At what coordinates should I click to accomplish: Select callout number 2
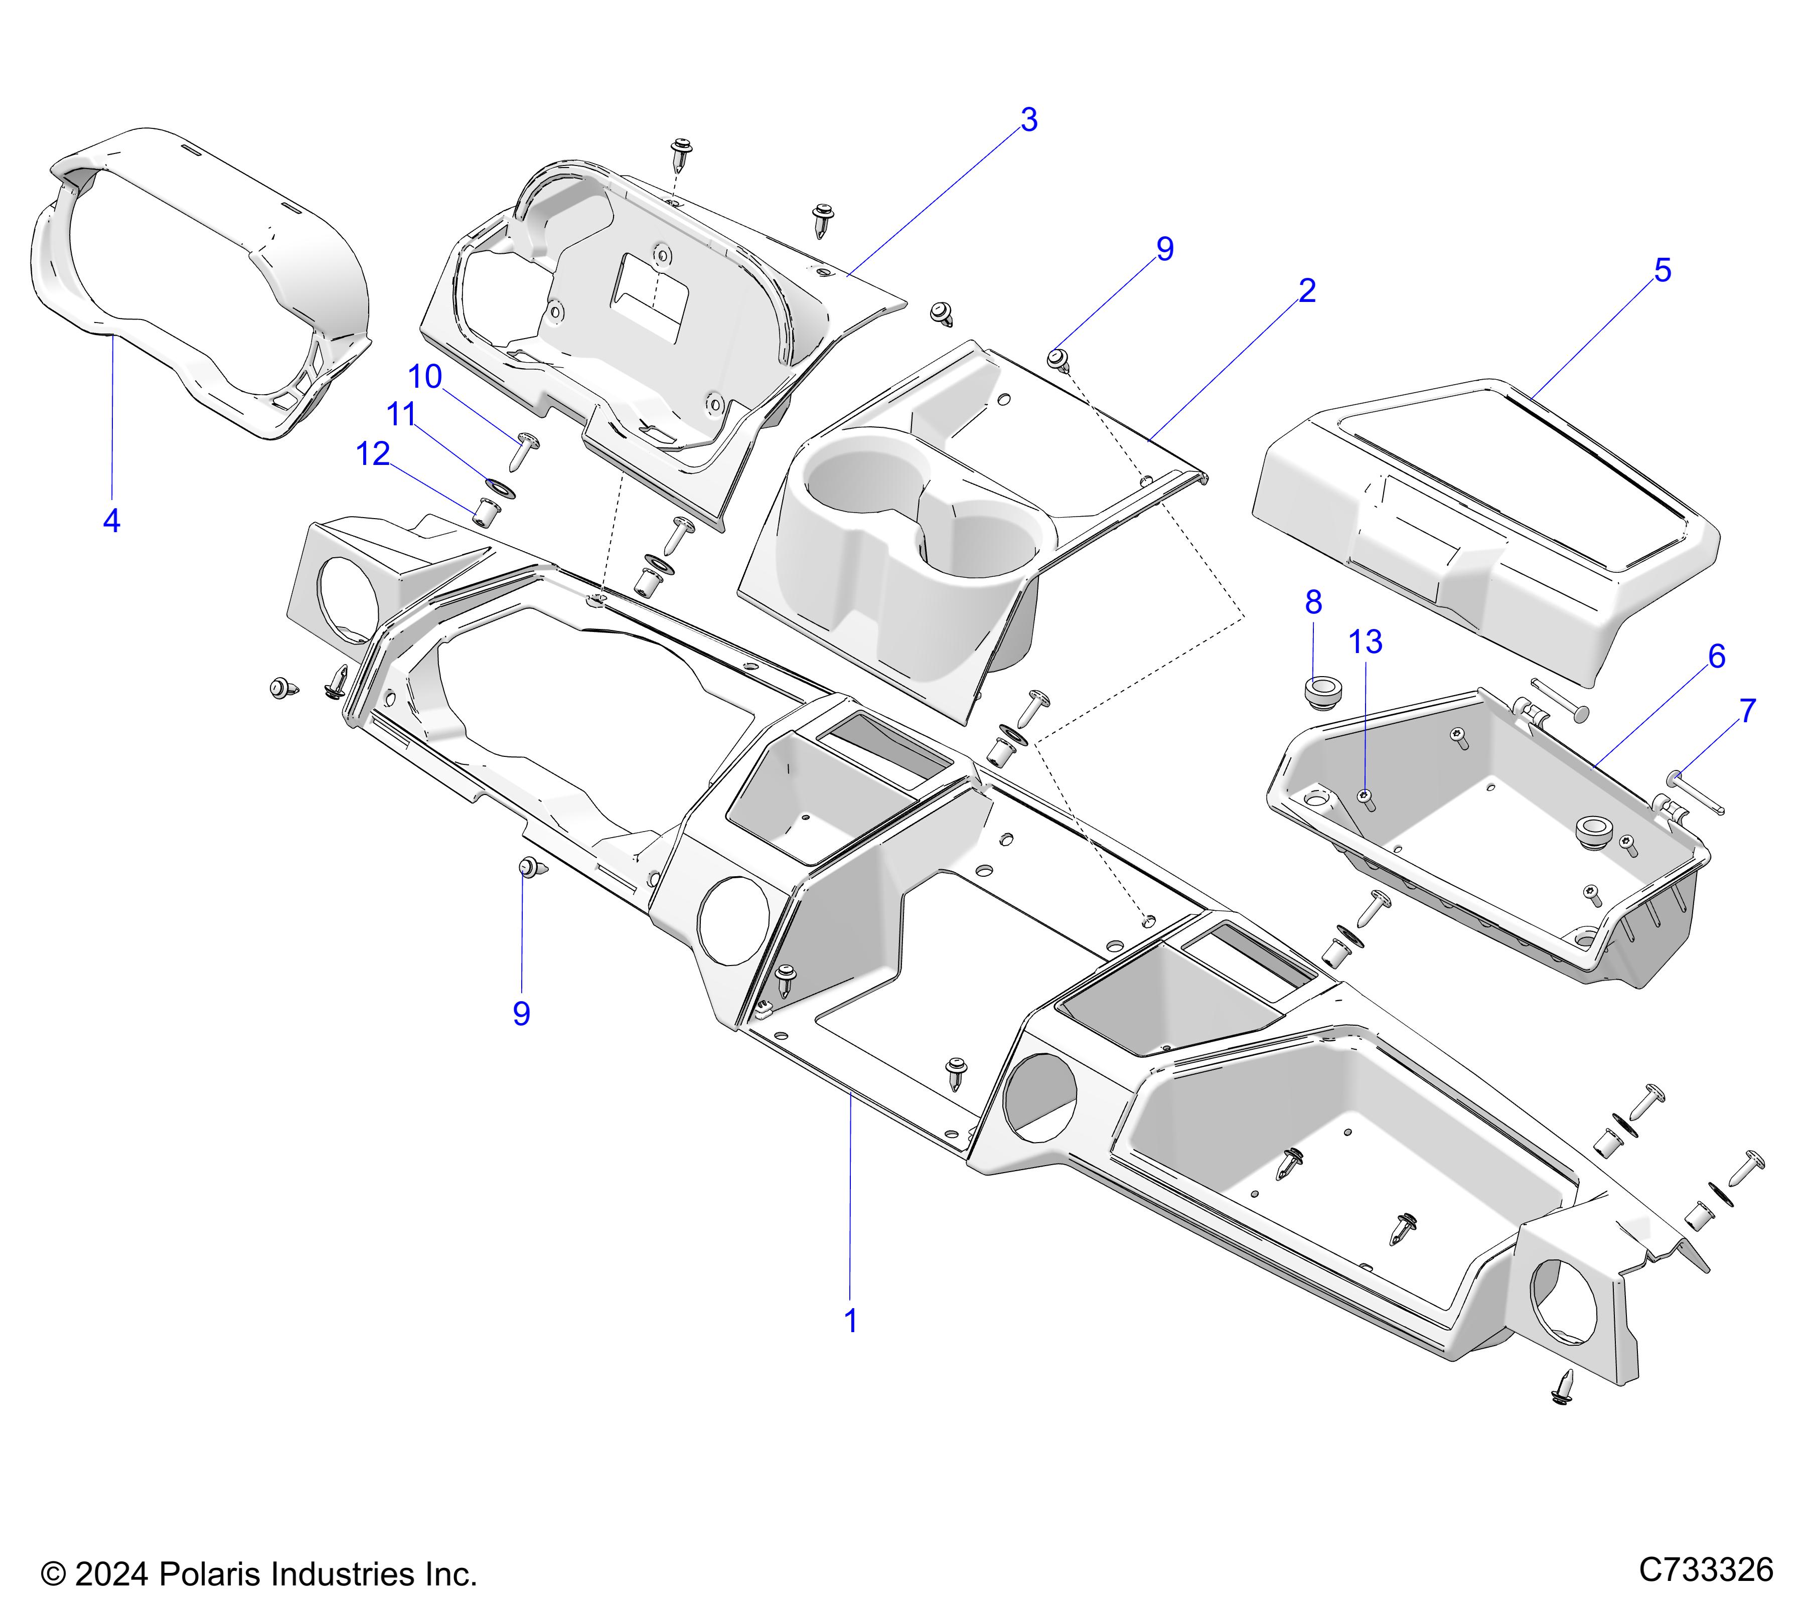tap(1307, 290)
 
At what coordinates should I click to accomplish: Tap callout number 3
tap(1028, 120)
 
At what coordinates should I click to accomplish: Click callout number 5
tap(1662, 270)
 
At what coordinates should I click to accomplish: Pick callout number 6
tap(1716, 657)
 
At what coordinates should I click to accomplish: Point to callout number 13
tap(1365, 642)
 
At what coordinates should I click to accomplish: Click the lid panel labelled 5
tap(1493, 521)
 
